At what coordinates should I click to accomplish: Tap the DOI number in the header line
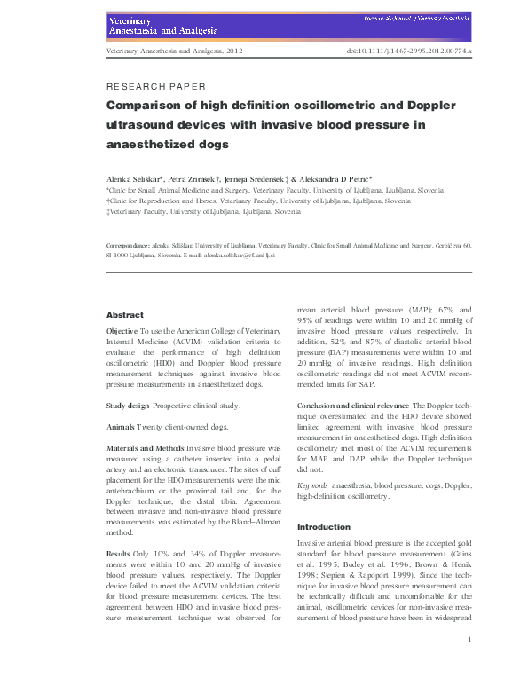(408, 52)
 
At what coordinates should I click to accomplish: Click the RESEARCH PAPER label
(155, 87)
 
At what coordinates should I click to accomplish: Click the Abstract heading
(124, 315)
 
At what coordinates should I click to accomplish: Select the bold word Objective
(122, 331)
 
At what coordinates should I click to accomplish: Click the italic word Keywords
(312, 486)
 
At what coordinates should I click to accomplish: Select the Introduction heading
(324, 526)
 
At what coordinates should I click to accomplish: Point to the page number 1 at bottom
(469, 663)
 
